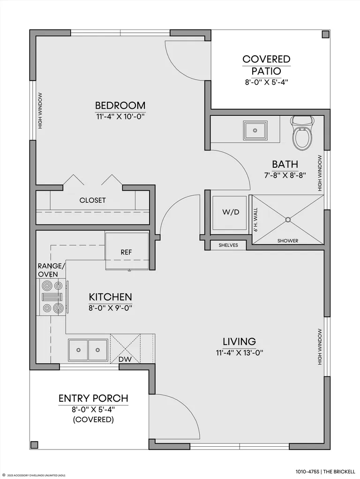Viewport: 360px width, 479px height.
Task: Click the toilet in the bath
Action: [302, 133]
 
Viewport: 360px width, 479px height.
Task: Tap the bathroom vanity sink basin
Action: [255, 130]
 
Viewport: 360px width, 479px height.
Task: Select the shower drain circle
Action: [288, 220]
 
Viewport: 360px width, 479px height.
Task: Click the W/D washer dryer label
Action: [231, 212]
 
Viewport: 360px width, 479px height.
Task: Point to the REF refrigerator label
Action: [126, 252]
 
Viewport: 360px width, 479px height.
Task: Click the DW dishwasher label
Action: [125, 359]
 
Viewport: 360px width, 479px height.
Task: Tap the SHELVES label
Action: [228, 245]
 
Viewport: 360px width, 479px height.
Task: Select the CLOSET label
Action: [93, 200]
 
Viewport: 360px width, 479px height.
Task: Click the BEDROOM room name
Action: [120, 105]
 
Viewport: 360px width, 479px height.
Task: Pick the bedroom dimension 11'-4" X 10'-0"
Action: [120, 117]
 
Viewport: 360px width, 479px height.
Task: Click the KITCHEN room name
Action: [110, 297]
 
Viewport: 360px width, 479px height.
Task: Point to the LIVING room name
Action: [239, 341]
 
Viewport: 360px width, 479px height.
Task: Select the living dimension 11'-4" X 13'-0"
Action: [240, 352]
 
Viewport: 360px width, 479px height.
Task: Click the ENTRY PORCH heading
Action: [93, 398]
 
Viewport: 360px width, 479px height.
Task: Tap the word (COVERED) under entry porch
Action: [93, 419]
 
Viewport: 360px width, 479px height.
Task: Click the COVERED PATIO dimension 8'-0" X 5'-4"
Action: [267, 82]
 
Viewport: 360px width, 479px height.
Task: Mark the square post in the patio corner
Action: [325, 35]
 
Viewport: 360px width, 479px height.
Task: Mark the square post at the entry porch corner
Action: [35, 444]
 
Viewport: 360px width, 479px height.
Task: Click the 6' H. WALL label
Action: [255, 220]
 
